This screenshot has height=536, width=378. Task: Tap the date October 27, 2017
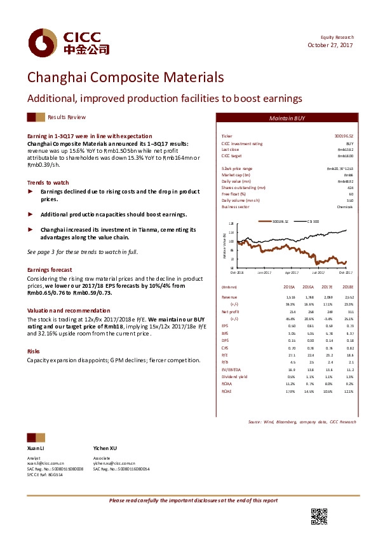[x=330, y=45]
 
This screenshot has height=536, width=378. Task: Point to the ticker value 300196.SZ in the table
[x=343, y=136]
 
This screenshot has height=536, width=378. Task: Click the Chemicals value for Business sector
[x=345, y=206]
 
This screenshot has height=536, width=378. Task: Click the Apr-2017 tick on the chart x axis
[x=291, y=272]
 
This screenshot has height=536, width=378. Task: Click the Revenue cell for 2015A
[x=290, y=297]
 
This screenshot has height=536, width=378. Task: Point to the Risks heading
[x=33, y=351]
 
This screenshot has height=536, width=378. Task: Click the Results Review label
[x=67, y=118]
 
